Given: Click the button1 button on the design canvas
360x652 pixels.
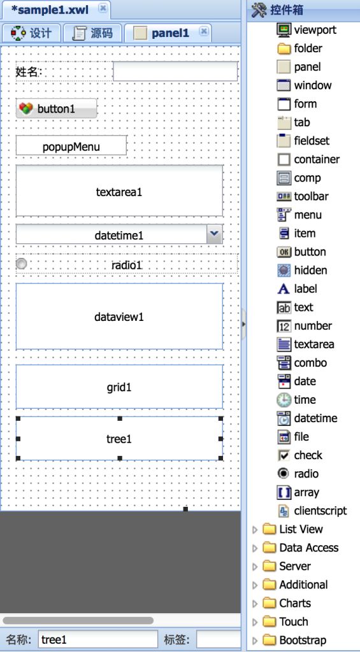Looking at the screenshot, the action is tap(56, 108).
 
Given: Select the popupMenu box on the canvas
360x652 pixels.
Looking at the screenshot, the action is tap(71, 146).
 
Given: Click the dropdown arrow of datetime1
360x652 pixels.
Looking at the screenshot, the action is tap(214, 234).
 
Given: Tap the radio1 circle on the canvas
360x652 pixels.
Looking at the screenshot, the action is tap(21, 264).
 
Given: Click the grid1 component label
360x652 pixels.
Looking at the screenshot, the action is tap(119, 388).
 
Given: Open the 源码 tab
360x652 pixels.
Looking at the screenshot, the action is tap(93, 33).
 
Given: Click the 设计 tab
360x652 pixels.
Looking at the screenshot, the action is tap(31, 33).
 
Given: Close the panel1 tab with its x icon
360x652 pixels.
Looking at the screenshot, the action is tap(203, 32).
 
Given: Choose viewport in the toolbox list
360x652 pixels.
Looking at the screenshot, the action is tap(306, 29).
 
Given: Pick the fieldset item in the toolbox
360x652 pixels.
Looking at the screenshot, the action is tap(303, 141).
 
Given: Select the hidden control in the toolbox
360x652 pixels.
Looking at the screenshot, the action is tap(302, 270).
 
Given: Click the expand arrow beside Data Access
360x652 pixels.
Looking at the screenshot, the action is tap(255, 548).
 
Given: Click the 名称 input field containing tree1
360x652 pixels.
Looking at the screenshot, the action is tap(97, 639).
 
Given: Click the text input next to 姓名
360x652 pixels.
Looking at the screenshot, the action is tap(175, 71).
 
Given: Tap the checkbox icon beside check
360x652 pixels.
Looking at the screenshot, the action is tap(284, 455).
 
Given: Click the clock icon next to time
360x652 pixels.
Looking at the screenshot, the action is tap(284, 400).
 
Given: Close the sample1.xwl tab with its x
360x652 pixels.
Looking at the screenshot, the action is tap(103, 9).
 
